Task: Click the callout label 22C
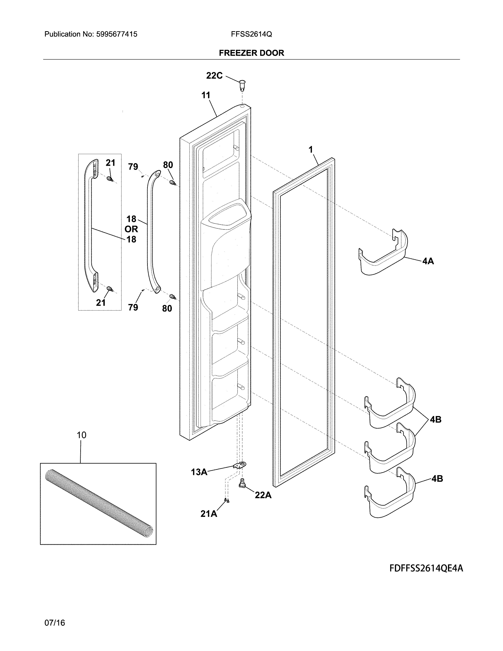[x=214, y=76]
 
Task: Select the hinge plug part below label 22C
[x=242, y=86]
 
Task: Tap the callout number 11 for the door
[x=206, y=95]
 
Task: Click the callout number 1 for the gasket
[x=311, y=150]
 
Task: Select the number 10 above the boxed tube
[x=81, y=435]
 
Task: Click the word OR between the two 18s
[x=131, y=229]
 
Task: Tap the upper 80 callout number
[x=168, y=165]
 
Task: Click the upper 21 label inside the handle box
[x=110, y=163]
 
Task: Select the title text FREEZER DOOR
[x=251, y=53]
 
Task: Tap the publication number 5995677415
[x=117, y=34]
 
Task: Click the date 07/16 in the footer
[x=54, y=623]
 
